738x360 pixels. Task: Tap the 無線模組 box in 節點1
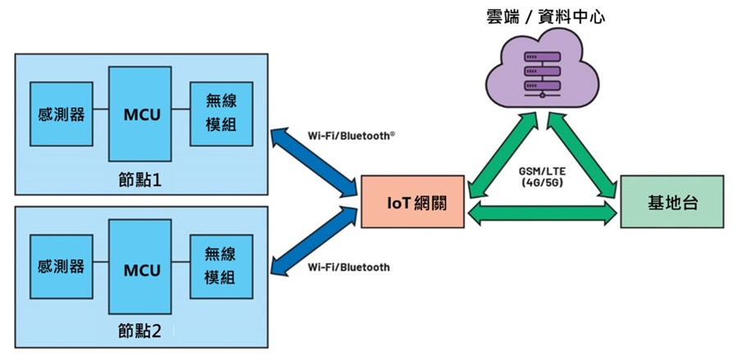pyautogui.click(x=220, y=114)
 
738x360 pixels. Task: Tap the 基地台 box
pyautogui.click(x=672, y=202)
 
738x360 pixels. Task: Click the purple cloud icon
pyautogui.click(x=542, y=71)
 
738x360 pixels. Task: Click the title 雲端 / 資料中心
pyautogui.click(x=544, y=16)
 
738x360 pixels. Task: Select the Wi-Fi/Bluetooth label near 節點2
pyautogui.click(x=348, y=267)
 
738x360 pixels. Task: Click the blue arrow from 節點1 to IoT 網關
pyautogui.click(x=315, y=162)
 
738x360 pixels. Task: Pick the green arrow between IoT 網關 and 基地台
pyautogui.click(x=542, y=214)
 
